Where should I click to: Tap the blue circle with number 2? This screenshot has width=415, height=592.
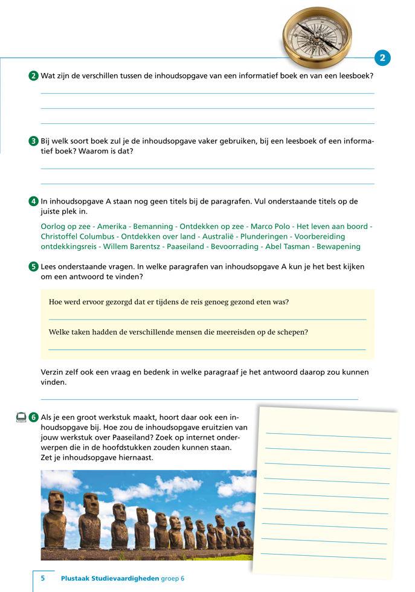pyautogui.click(x=382, y=57)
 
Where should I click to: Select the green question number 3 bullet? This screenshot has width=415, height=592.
pyautogui.click(x=34, y=141)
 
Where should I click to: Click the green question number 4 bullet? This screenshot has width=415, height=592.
pyautogui.click(x=34, y=201)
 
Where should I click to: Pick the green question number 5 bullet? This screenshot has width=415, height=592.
pyautogui.click(x=34, y=266)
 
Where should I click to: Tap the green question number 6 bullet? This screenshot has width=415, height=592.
pyautogui.click(x=34, y=417)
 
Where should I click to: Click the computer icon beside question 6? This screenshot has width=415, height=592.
pyautogui.click(x=21, y=417)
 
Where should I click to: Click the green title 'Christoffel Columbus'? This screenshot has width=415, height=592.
pyautogui.click(x=77, y=237)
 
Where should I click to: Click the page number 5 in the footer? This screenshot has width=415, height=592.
pyautogui.click(x=43, y=578)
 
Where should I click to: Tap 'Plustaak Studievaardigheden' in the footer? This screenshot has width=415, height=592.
pyautogui.click(x=110, y=578)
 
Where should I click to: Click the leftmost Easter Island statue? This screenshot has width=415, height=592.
pyautogui.click(x=55, y=519)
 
